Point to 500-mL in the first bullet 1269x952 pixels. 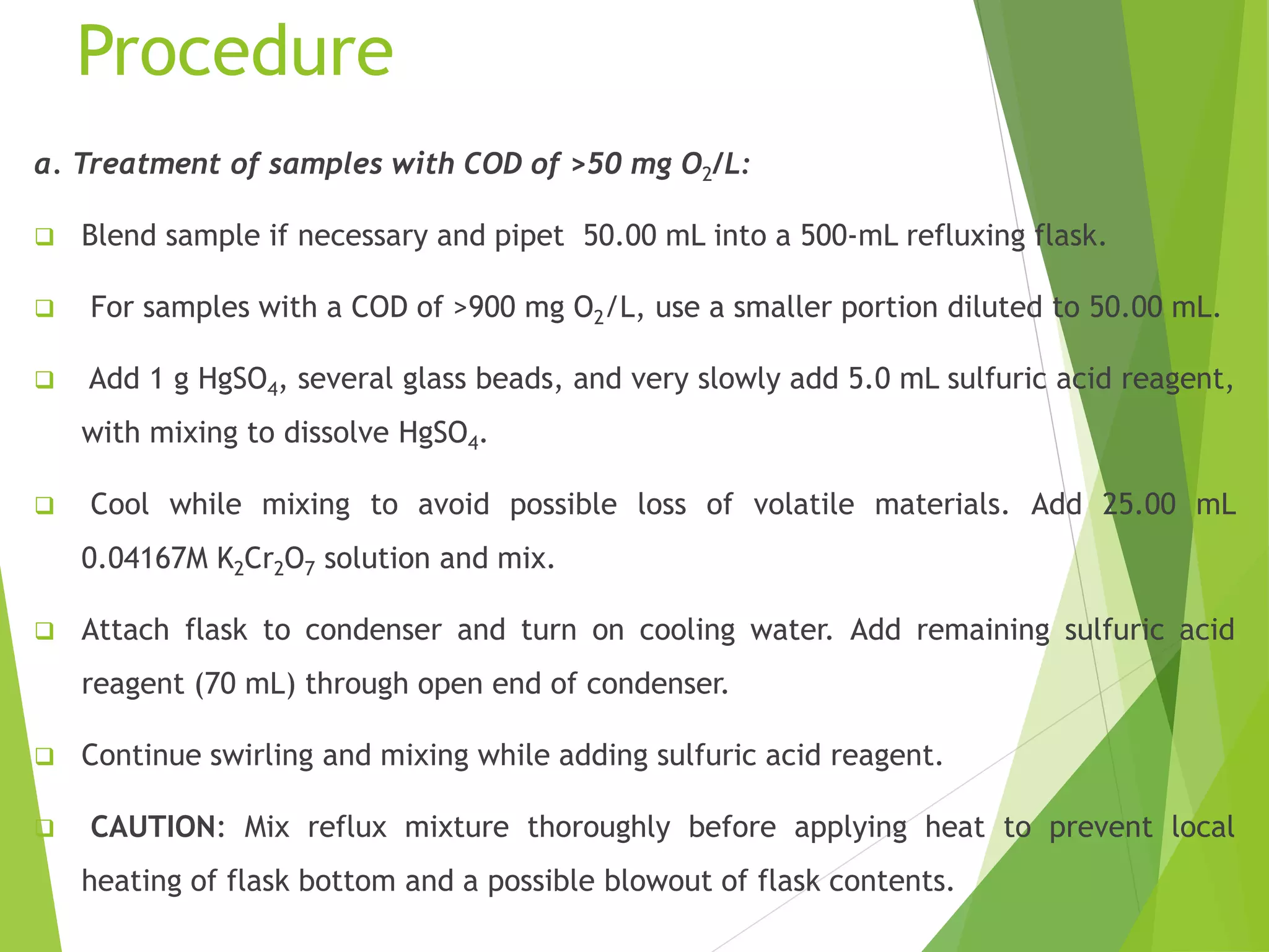[x=849, y=236]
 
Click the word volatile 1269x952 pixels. [x=804, y=505]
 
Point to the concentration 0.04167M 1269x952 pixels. [x=145, y=558]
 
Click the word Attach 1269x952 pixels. [x=125, y=630]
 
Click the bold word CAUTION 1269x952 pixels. [x=153, y=827]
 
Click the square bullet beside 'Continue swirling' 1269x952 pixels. [x=44, y=756]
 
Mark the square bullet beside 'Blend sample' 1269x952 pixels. [x=44, y=237]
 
